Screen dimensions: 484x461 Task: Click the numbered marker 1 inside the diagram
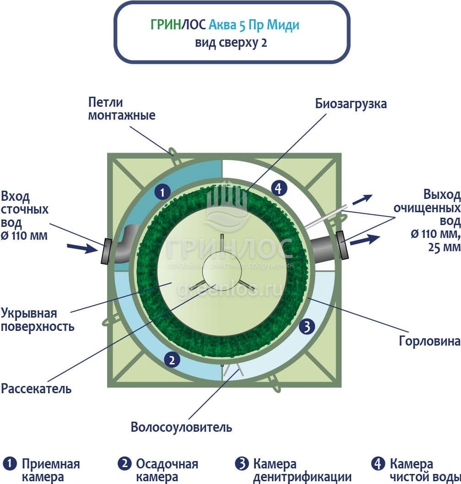click(x=162, y=192)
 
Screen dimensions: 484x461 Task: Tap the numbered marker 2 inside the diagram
click(x=172, y=360)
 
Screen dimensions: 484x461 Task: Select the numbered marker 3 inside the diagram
click(x=308, y=327)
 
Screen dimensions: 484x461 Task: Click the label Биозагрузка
click(x=351, y=104)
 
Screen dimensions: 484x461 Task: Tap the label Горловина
click(x=429, y=341)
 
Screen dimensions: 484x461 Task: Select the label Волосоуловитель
click(x=181, y=427)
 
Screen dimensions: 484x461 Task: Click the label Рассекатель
click(x=36, y=389)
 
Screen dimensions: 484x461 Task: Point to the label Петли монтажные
click(x=121, y=109)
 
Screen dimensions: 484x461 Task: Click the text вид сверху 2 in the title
click(x=231, y=43)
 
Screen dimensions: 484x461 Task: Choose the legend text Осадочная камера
click(x=167, y=470)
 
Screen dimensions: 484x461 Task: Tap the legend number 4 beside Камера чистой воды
click(x=378, y=464)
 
